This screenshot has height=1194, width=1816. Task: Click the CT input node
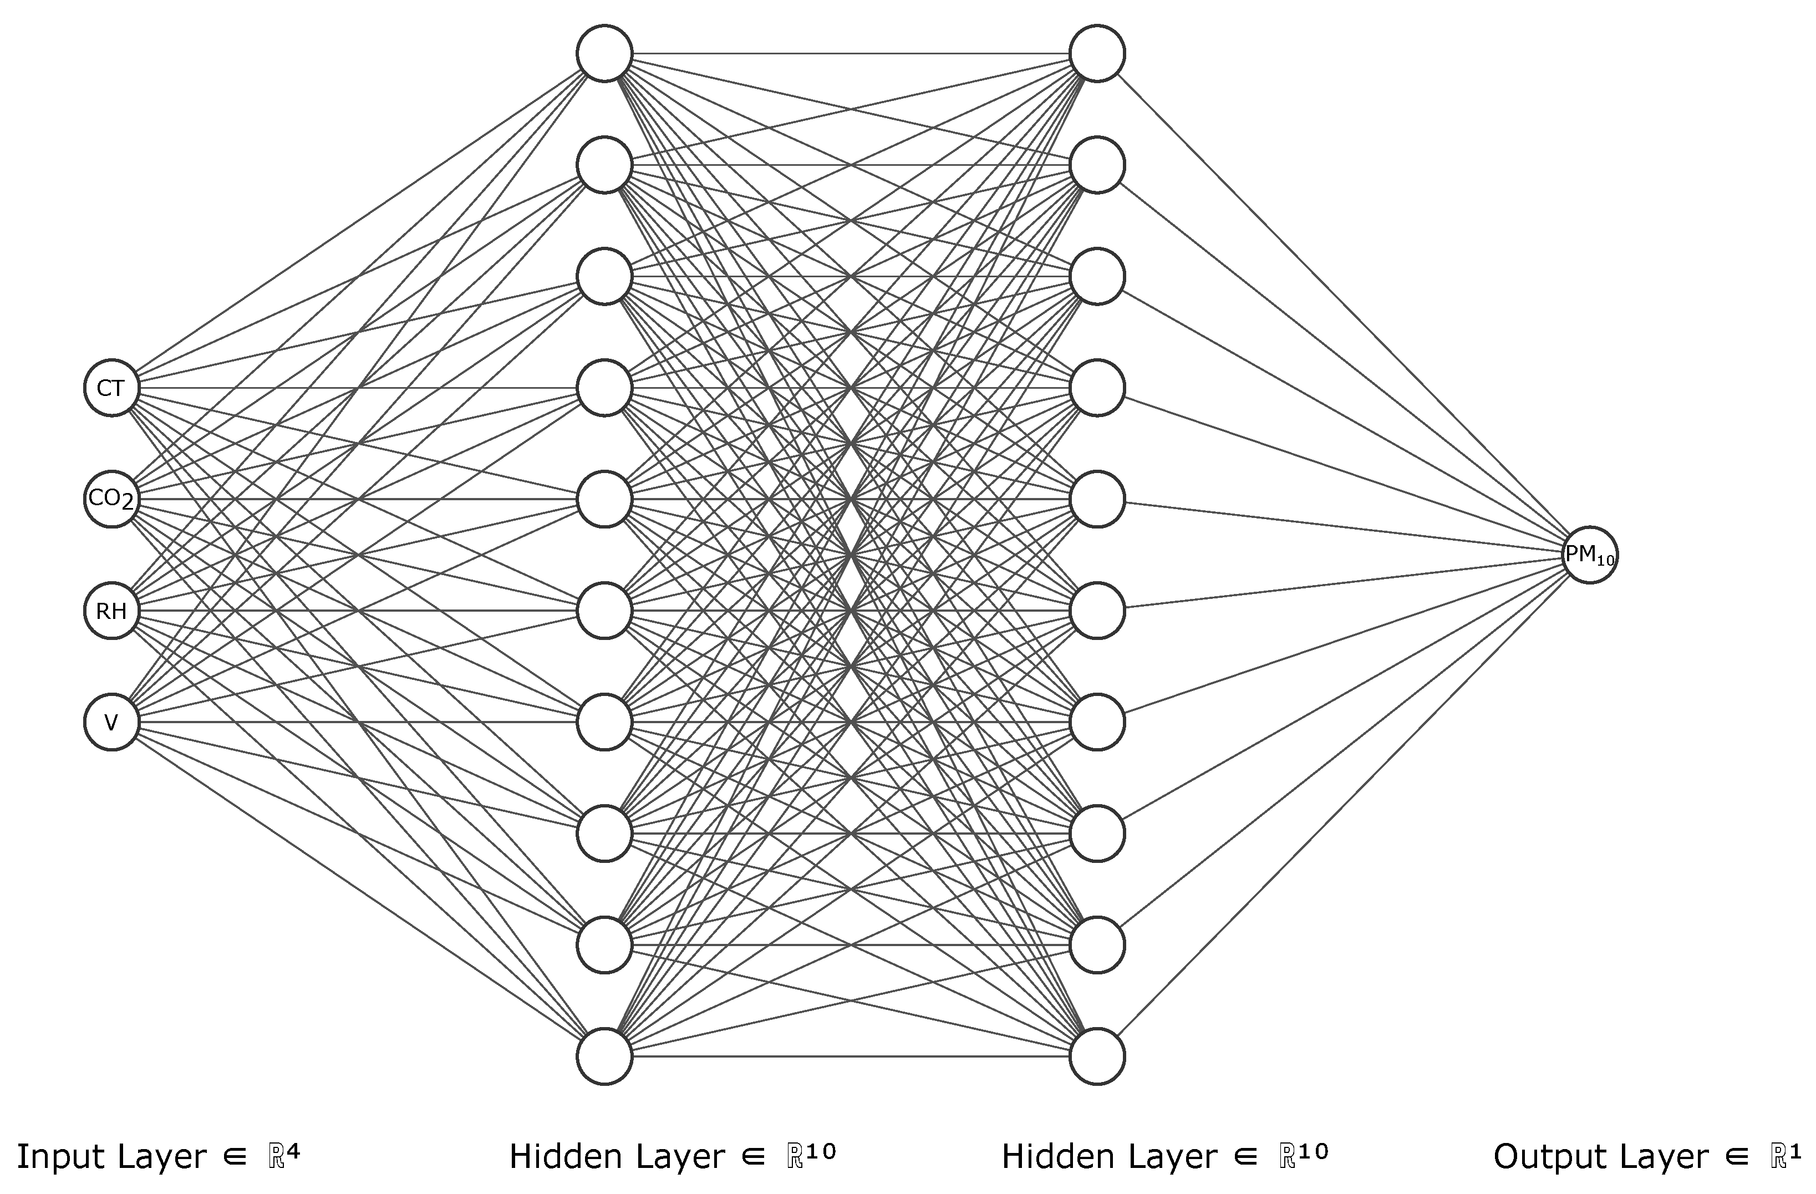pos(111,388)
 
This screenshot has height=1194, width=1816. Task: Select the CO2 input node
pos(111,500)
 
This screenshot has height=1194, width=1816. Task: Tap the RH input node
pos(111,611)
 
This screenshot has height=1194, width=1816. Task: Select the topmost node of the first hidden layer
pos(604,53)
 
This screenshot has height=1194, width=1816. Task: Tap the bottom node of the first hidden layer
pos(604,1056)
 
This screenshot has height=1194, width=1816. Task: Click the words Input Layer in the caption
pos(111,1157)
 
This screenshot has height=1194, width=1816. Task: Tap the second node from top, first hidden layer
pos(604,165)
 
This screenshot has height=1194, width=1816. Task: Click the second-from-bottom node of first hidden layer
pos(604,946)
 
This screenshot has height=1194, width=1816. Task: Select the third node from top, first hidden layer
pos(604,276)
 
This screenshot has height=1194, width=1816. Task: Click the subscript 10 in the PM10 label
pos(1605,561)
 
